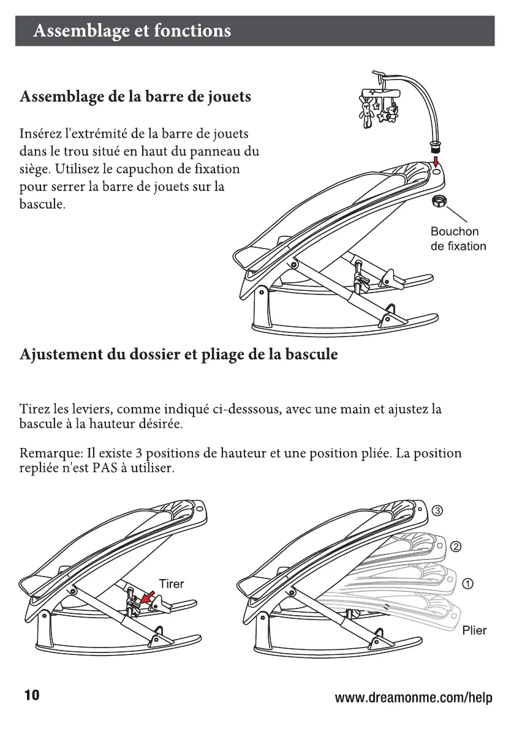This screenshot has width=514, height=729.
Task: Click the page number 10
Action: coord(31,696)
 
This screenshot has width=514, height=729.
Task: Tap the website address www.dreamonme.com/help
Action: coord(414,698)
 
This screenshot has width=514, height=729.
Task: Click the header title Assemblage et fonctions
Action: coord(132,31)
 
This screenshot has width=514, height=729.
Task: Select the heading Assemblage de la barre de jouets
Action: coord(135,97)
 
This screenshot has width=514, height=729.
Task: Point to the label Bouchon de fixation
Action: coord(458,239)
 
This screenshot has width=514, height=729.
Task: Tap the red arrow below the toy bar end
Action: coord(436,161)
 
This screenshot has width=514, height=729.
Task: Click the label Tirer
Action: coord(171,583)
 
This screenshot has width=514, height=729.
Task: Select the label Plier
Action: coord(474,630)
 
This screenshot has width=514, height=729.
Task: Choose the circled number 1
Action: coord(469,582)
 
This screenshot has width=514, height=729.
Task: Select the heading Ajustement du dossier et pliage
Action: coord(178,355)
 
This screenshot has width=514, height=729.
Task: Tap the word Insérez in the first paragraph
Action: coord(40,133)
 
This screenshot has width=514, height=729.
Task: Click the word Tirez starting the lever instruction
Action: coord(35,409)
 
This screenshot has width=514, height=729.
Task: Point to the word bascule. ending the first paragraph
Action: coord(42,204)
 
